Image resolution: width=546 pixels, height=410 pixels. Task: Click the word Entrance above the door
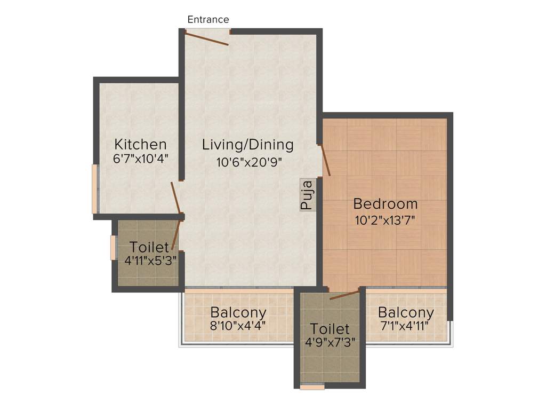point(208,20)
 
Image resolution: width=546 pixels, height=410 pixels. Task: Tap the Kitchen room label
point(141,144)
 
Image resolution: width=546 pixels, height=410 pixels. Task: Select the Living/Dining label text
point(248,144)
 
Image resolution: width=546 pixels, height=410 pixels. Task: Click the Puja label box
point(308,194)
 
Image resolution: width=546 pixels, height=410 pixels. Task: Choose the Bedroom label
point(386,203)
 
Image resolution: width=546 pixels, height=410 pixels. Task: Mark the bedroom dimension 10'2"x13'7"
point(385,219)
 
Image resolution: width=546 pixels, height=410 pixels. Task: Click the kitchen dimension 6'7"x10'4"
point(141,159)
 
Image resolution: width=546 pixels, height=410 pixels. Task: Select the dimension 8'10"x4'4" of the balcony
point(238,325)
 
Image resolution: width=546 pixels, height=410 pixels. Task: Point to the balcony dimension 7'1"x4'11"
point(406,325)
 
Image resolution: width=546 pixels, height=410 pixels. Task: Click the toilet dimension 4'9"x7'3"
point(330,342)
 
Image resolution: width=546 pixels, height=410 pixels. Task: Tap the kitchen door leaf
point(176,198)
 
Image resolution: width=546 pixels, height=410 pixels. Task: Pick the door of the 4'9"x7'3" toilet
point(344,295)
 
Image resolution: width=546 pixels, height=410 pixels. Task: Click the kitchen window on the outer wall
point(95,189)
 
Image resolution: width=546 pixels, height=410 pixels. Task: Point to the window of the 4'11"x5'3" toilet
point(113,247)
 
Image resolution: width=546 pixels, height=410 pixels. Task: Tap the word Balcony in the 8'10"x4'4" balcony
point(238,312)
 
